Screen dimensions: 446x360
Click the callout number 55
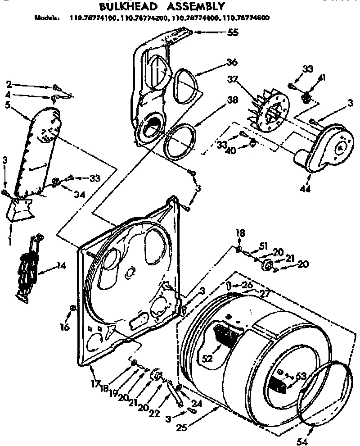click(x=233, y=32)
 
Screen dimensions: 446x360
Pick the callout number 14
click(x=61, y=266)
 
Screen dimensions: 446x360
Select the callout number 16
click(x=65, y=327)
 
